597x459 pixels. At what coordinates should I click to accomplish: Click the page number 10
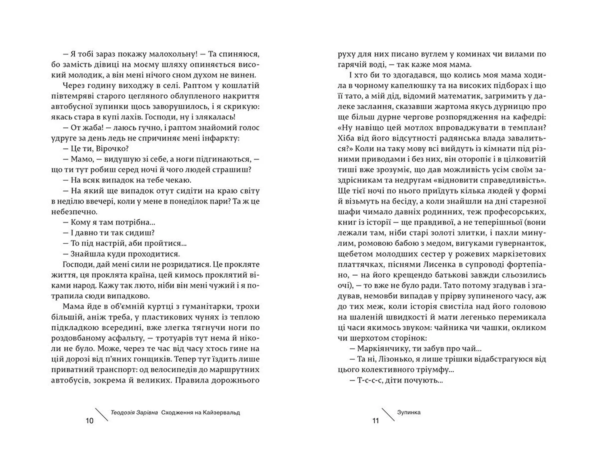coord(89,421)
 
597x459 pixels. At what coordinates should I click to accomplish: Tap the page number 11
coord(376,421)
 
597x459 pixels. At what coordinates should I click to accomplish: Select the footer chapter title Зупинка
coord(409,412)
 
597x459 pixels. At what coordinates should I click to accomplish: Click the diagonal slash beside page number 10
coord(101,414)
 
